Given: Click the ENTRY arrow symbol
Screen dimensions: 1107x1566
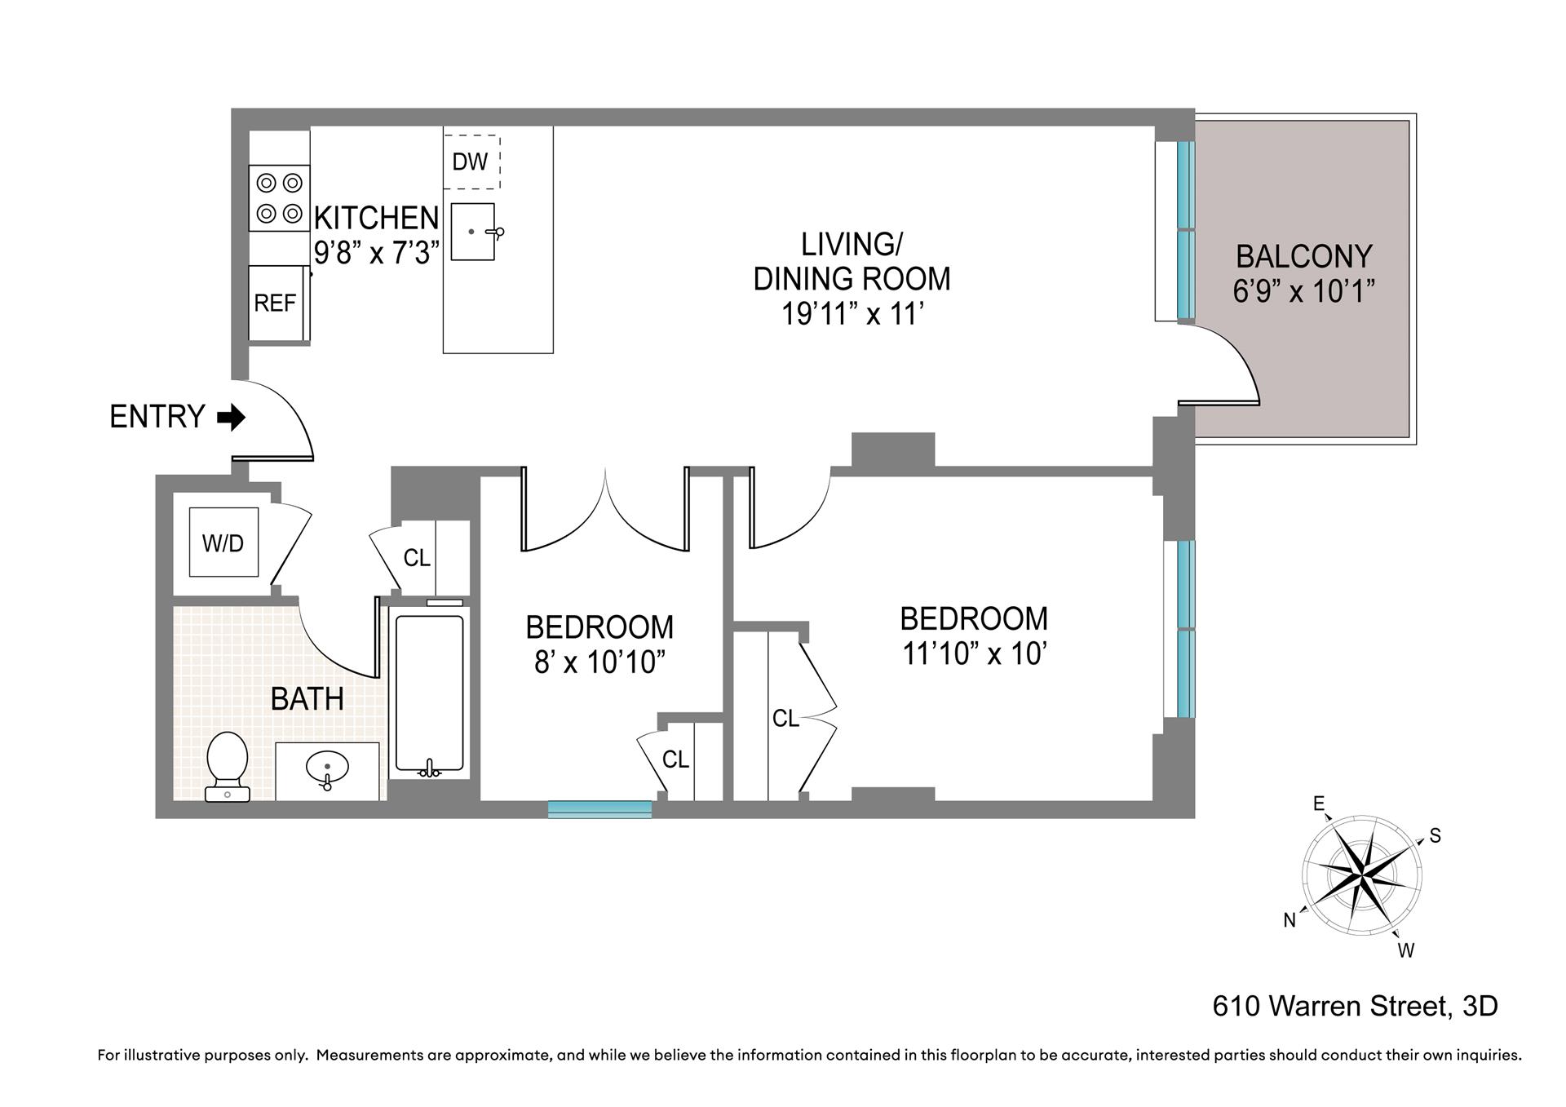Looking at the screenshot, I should pos(232,418).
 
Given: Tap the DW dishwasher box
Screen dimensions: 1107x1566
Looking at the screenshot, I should pos(471,162).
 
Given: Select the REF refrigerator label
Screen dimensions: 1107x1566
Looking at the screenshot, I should pos(275,303).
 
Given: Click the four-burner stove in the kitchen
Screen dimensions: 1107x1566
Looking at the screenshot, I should pos(279,198).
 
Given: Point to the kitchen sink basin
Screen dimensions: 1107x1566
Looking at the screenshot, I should pos(473,232).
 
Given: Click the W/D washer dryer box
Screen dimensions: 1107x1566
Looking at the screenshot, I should pos(223,542).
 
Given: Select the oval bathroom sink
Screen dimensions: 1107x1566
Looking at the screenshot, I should pos(327,768).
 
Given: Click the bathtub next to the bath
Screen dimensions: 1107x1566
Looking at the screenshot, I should pos(430,693).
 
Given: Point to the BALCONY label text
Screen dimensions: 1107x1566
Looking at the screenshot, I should pos(1303,257).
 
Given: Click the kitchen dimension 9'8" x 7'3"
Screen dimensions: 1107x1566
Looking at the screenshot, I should pos(377,253).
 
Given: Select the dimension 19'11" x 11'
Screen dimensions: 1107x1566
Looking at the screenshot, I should pos(852,314).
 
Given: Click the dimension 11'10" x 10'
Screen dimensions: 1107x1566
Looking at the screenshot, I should pos(974,653).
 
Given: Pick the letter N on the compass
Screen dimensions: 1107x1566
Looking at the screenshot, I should pos(1290,920).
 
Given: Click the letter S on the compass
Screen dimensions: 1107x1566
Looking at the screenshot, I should pos(1435,836).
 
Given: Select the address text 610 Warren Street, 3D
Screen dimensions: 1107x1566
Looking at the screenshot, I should pos(1355,1006).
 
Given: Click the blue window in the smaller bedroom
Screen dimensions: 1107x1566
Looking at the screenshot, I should pos(599,808).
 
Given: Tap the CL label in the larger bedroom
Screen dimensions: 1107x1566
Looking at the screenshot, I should pos(785,719).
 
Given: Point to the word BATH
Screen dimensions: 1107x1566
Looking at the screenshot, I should pos(307,699).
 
